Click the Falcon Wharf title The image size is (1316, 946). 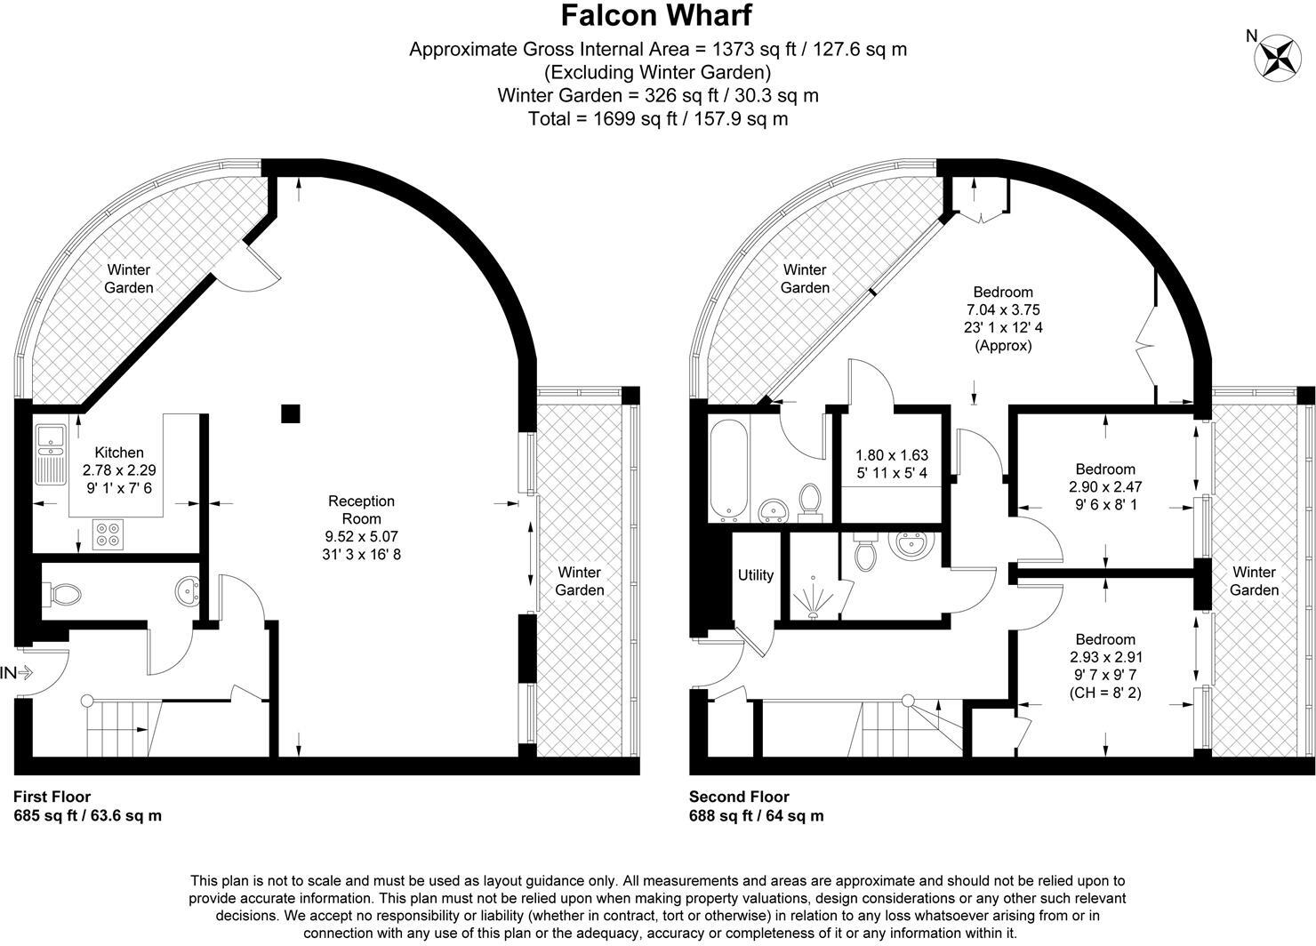[x=656, y=16]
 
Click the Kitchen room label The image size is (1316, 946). [x=119, y=453]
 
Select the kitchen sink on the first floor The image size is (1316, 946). [x=51, y=454]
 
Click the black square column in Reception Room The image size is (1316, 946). [x=290, y=413]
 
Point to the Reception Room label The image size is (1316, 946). [x=361, y=509]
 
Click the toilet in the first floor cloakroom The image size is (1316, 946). [x=62, y=594]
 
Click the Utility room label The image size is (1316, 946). [x=756, y=575]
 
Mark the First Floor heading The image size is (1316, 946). [x=52, y=797]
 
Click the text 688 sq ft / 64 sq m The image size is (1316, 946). [x=756, y=815]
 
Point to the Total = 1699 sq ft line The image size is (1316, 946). [x=658, y=118]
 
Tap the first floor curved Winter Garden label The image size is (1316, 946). [x=129, y=278]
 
